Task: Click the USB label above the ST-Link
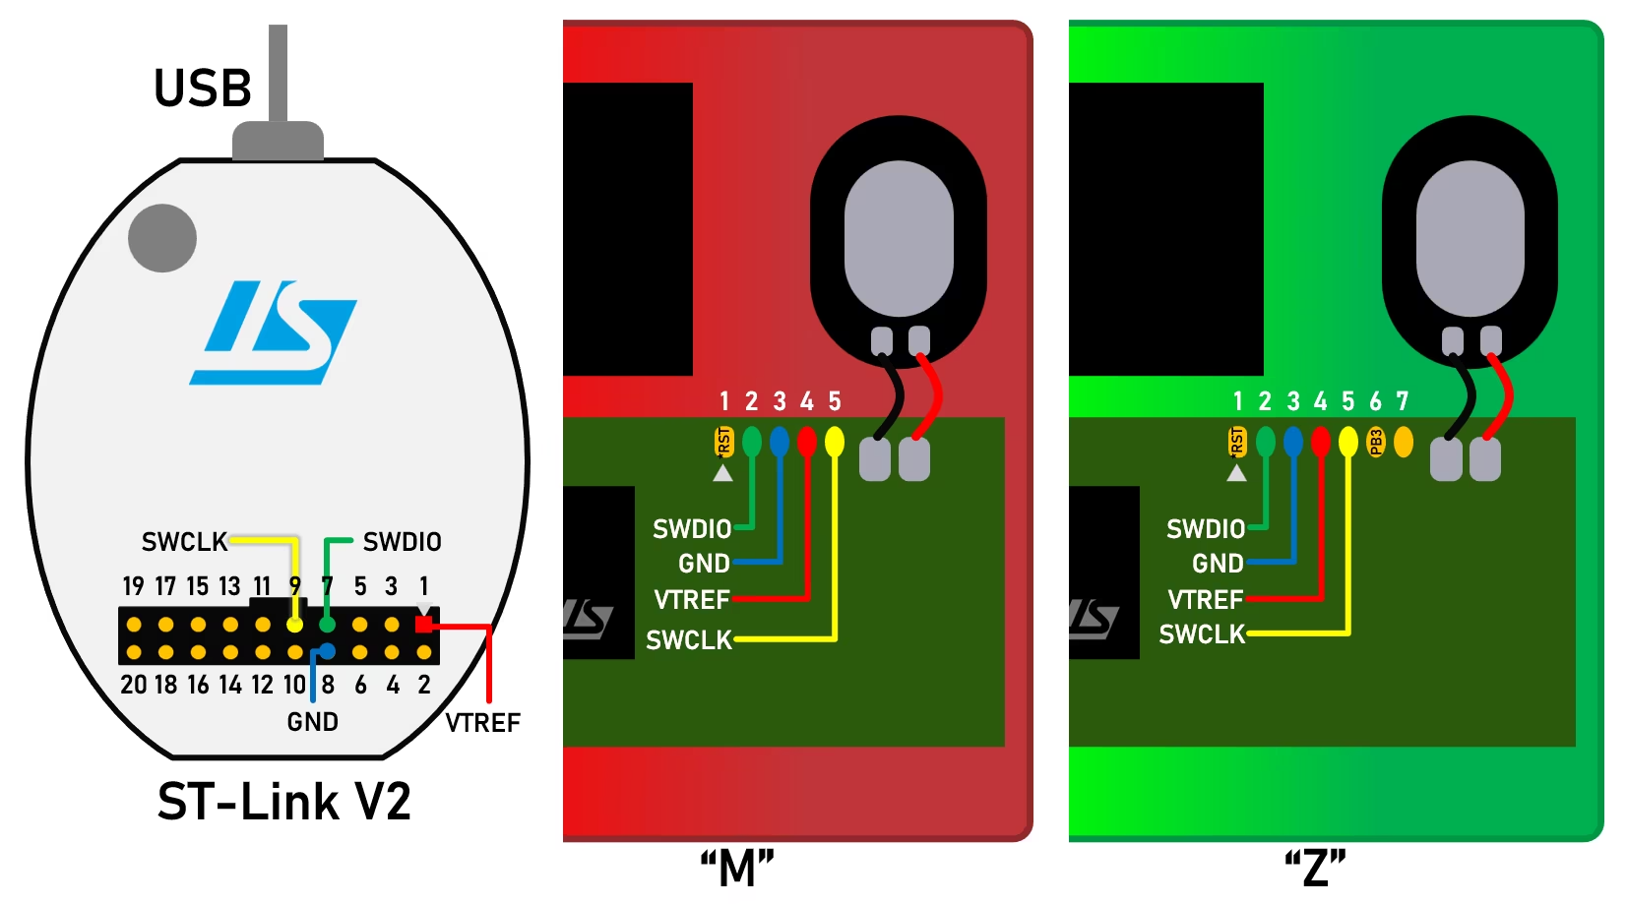[203, 89]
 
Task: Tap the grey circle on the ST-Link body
[162, 238]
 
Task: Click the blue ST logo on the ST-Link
[273, 332]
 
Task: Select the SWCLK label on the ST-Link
[184, 542]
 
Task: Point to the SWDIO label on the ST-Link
[402, 542]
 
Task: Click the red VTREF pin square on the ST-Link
[424, 624]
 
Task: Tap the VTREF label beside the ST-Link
[482, 723]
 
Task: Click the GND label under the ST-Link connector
[312, 722]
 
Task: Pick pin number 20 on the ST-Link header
[133, 685]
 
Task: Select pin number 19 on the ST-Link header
[133, 587]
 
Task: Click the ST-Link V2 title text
[283, 802]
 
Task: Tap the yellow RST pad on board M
[723, 442]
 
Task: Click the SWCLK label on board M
[688, 640]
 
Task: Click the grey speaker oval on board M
[899, 239]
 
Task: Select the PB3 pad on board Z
[1376, 443]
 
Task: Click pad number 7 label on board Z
[1403, 401]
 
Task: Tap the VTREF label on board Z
[1205, 600]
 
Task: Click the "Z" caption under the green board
[1315, 869]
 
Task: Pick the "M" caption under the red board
[737, 869]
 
